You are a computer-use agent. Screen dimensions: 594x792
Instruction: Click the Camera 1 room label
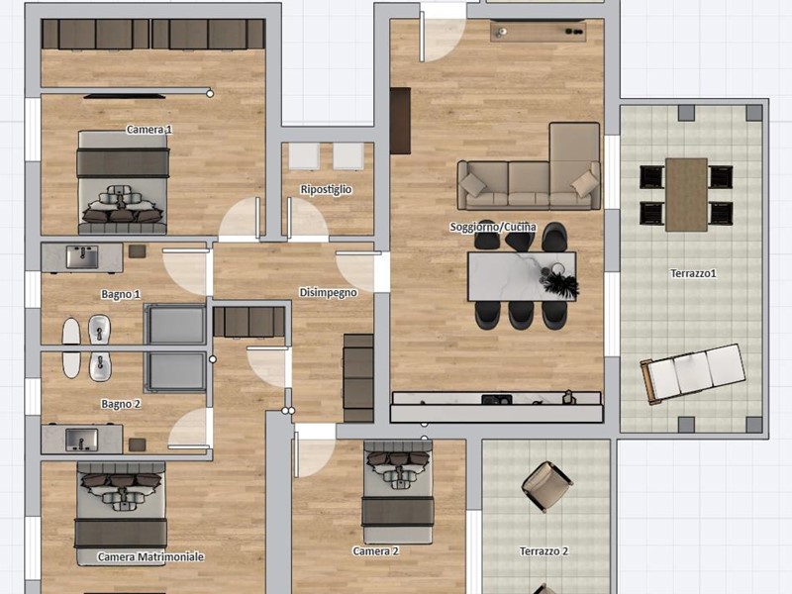(149, 130)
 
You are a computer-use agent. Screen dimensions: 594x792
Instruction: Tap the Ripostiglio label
(326, 189)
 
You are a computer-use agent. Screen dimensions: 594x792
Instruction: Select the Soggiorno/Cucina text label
(493, 228)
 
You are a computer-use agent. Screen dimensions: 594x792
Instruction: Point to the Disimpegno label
(328, 293)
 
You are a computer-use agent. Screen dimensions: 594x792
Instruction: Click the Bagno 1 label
(121, 294)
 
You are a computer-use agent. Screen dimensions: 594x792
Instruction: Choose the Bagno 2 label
(121, 404)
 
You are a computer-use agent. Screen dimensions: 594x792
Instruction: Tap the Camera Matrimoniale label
(150, 557)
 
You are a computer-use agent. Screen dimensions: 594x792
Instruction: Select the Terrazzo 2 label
(544, 551)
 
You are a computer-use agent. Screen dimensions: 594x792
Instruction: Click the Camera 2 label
(375, 550)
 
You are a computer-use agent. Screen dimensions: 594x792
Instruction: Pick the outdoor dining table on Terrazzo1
(686, 194)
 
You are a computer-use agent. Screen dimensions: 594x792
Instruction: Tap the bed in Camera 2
(397, 492)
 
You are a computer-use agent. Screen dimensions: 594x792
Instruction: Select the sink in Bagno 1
(81, 257)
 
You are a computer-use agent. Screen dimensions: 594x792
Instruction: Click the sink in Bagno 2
(81, 437)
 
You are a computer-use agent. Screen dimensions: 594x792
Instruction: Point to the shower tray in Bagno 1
(175, 324)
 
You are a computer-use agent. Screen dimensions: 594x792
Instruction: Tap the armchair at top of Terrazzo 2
(545, 485)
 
